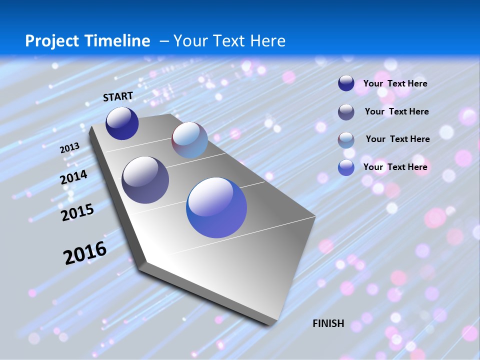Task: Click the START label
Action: tap(118, 96)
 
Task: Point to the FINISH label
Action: tap(328, 323)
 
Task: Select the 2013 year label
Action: tap(69, 148)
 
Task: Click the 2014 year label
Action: tap(74, 177)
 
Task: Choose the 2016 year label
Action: tap(85, 253)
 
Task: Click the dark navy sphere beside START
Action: tap(122, 123)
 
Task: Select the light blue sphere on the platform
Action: tap(189, 140)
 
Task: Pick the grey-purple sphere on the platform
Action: tap(145, 180)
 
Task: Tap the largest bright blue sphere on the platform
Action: tap(216, 207)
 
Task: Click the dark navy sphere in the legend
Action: tap(346, 83)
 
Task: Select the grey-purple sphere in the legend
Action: tap(346, 112)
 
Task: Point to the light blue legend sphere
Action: tap(346, 140)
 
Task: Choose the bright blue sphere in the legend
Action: tap(346, 167)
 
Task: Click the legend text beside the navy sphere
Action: tap(395, 83)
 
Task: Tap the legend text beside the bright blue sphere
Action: tap(395, 167)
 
